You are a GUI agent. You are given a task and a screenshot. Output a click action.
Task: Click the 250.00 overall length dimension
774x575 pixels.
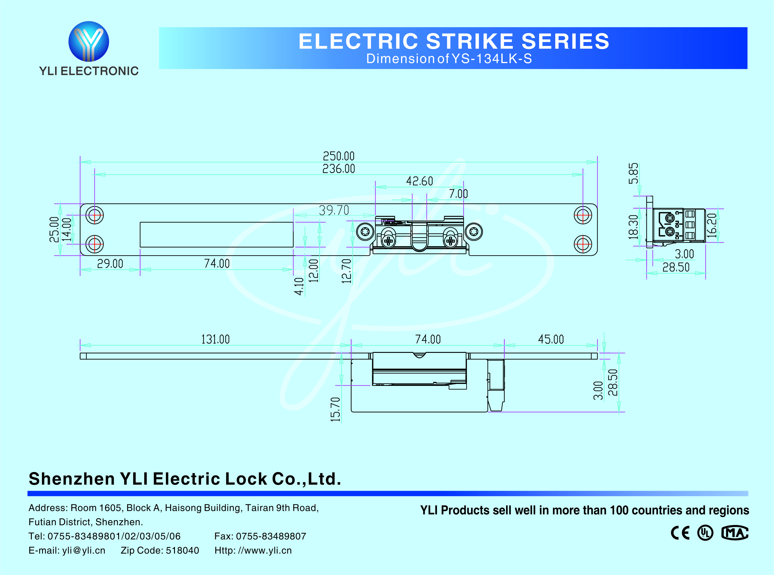coord(339,156)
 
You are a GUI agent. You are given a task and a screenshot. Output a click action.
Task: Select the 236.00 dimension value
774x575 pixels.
coord(339,169)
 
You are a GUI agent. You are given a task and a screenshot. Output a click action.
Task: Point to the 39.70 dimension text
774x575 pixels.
coord(334,210)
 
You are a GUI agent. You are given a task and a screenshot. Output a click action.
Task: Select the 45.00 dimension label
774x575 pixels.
coord(551,339)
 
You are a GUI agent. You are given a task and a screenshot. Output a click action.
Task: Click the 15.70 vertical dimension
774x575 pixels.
coord(335,409)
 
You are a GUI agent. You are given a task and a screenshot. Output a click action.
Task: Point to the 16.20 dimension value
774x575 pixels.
coord(712,226)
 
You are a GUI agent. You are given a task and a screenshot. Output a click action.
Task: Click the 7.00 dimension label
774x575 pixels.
coord(458,194)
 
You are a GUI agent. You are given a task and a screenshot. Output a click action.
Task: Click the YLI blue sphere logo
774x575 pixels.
coord(89,41)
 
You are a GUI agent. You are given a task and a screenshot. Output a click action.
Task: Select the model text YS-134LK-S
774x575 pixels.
coord(492,59)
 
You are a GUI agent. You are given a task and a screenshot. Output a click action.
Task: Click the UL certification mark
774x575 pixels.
coord(705,533)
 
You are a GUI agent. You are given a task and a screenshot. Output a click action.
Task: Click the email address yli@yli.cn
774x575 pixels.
coord(84,550)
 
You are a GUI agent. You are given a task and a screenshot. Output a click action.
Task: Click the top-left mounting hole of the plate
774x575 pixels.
coord(95,215)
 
